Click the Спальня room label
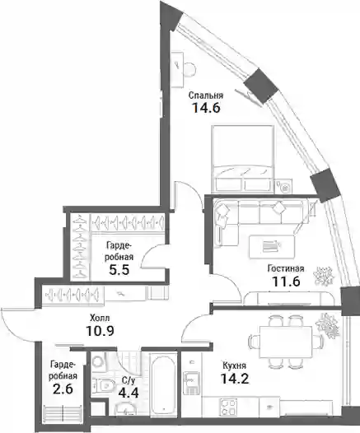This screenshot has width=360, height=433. (x=206, y=95)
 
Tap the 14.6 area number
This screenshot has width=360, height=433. (x=207, y=107)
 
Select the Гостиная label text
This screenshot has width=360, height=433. (x=286, y=268)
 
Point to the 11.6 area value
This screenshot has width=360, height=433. (x=286, y=282)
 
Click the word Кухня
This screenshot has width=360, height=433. (x=234, y=365)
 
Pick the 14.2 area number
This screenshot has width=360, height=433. (x=235, y=379)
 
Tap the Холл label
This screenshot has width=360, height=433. (x=100, y=318)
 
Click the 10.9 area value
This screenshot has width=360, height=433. (x=100, y=330)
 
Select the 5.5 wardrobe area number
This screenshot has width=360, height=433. (x=119, y=270)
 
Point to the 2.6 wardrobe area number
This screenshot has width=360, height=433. (x=63, y=389)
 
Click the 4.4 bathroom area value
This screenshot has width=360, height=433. (x=129, y=391)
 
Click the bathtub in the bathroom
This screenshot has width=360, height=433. (x=163, y=384)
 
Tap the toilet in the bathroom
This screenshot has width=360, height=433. (x=104, y=385)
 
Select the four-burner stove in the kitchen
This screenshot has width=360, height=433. (x=228, y=407)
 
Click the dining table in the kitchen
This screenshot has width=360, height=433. (x=286, y=342)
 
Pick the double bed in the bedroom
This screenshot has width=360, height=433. (x=242, y=159)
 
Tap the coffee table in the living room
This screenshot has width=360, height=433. (x=272, y=247)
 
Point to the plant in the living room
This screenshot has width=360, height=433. (x=324, y=276)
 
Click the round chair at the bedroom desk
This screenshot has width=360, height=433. (x=189, y=69)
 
